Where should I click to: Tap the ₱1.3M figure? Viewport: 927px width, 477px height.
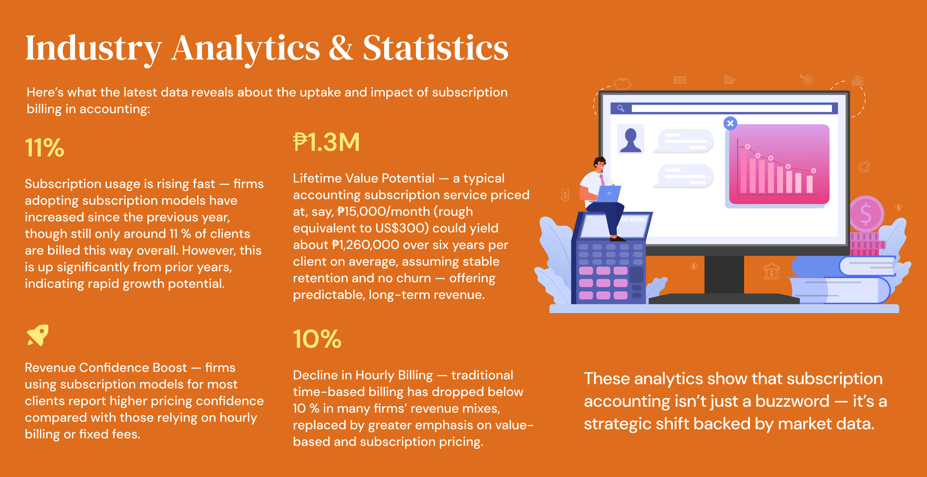(x=326, y=142)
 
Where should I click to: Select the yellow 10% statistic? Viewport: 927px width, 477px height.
(x=317, y=339)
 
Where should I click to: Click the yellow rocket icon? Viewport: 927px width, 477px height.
(x=38, y=335)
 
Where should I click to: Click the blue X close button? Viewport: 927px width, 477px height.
(x=730, y=123)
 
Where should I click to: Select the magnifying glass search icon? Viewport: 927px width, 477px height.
(x=620, y=108)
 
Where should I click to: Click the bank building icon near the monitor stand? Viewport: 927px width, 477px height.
(x=771, y=271)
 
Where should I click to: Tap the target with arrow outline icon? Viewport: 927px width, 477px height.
(x=807, y=79)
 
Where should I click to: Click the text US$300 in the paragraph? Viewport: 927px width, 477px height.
(x=402, y=228)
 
